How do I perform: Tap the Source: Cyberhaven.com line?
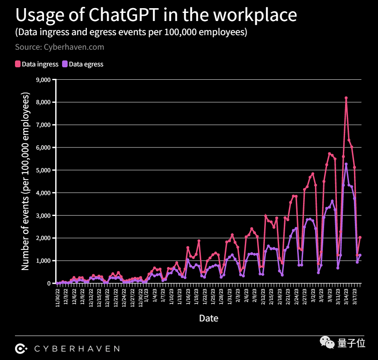pyautogui.click(x=60, y=47)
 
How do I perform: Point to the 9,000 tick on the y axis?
pyautogui.click(x=44, y=80)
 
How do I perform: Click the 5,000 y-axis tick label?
pyautogui.click(x=44, y=170)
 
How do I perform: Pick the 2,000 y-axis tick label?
pyautogui.click(x=44, y=238)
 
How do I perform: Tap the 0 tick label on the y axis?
pyautogui.click(x=48, y=283)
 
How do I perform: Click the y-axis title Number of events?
pyautogui.click(x=25, y=181)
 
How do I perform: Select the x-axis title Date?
pyautogui.click(x=208, y=318)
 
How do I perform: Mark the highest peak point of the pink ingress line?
pyautogui.click(x=346, y=98)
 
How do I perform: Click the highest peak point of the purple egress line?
pyautogui.click(x=346, y=164)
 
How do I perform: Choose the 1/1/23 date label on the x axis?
pyautogui.click(x=146, y=294)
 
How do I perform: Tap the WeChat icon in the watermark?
pyautogui.click(x=329, y=343)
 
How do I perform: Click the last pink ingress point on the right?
pyautogui.click(x=360, y=237)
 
